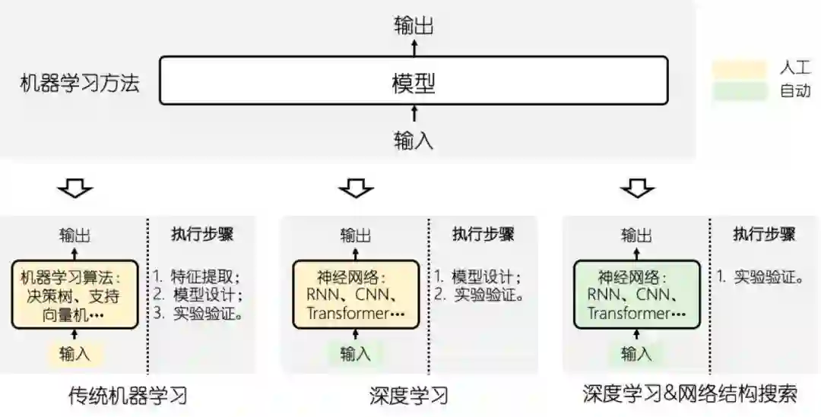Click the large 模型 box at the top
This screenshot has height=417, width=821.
[x=414, y=80]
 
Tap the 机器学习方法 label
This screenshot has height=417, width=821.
[x=80, y=82]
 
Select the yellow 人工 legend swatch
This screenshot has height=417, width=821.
[x=739, y=69]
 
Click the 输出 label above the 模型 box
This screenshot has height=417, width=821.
[x=414, y=26]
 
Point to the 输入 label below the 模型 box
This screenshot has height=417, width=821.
[x=414, y=140]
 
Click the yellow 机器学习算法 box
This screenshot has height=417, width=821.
[x=74, y=294]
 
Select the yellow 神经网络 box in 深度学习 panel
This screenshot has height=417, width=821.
[x=356, y=294]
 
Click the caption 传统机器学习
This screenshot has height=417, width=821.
[x=128, y=395]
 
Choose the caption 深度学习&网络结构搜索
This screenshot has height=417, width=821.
[x=689, y=394]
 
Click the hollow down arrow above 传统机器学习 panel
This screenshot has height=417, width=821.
[x=75, y=187]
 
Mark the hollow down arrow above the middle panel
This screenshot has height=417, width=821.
[x=356, y=187]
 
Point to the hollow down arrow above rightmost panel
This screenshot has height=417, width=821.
[x=636, y=187]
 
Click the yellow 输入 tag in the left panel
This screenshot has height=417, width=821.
[x=74, y=353]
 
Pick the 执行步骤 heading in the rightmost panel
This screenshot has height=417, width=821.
[x=763, y=234]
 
